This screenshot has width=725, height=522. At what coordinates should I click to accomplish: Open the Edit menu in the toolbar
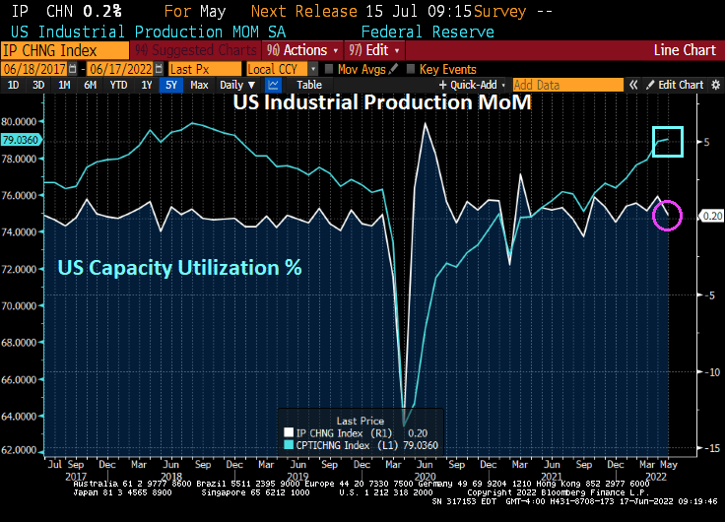(372, 49)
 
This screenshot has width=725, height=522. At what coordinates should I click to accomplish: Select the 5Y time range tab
(171, 85)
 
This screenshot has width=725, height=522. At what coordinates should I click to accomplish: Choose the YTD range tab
(118, 85)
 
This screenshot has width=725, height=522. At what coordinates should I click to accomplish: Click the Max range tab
(199, 85)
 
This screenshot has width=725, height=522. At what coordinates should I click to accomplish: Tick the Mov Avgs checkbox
(328, 69)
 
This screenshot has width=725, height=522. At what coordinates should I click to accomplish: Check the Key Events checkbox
(411, 69)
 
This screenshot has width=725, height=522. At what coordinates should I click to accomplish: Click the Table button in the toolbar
(309, 85)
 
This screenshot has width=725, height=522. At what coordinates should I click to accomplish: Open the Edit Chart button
(675, 85)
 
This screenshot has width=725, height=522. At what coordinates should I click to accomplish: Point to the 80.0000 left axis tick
(21, 121)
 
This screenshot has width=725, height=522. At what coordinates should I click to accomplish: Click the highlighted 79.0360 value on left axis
(21, 140)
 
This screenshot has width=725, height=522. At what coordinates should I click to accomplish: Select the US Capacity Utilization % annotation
(179, 267)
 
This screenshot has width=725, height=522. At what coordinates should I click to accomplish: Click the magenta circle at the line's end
(667, 215)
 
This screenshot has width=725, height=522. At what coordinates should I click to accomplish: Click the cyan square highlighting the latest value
(668, 141)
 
